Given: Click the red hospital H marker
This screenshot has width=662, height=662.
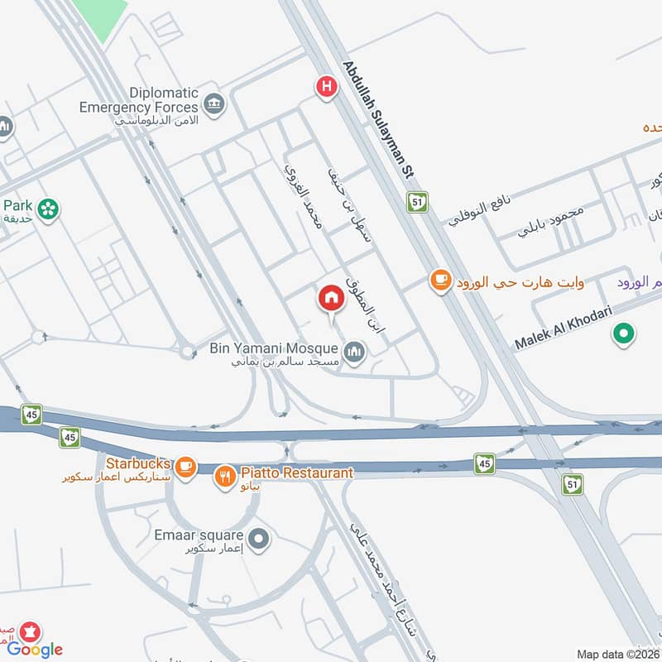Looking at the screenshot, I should (328, 85).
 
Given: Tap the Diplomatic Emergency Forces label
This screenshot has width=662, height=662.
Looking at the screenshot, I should (139, 100).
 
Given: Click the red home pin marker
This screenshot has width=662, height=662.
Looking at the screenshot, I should (332, 298).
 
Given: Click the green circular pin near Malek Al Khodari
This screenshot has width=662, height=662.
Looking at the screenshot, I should (623, 334).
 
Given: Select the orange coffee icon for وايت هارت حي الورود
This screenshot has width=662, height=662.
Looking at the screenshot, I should (440, 281).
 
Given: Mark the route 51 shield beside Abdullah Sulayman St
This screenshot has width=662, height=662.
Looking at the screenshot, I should (417, 201).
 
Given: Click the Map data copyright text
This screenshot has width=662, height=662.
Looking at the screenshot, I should (617, 654).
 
